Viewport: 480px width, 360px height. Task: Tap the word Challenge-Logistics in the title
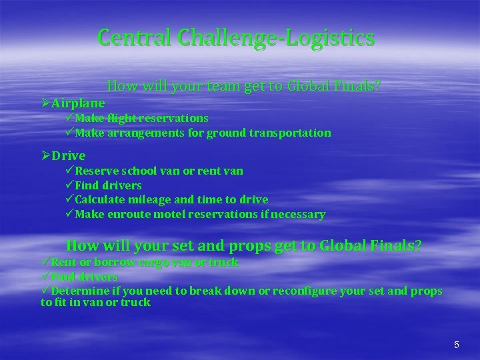tap(276, 39)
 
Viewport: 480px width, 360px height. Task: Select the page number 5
tap(456, 345)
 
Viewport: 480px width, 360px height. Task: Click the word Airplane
tap(78, 103)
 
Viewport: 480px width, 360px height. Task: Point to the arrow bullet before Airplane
tap(45, 103)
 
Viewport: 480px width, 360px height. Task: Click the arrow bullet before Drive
tap(45, 156)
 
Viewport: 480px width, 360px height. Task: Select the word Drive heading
tap(69, 156)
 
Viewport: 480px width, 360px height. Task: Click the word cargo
tap(150, 262)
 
